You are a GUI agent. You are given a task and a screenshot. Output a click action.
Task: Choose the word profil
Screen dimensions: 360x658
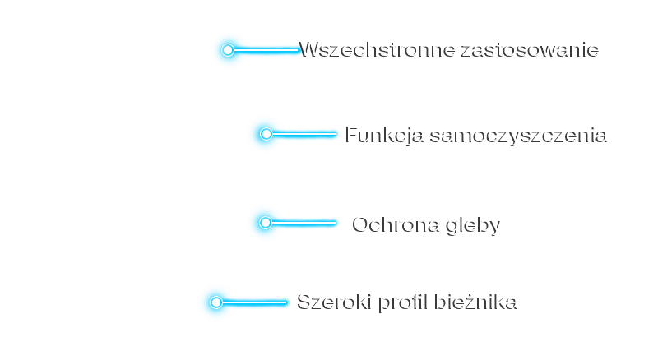[x=404, y=302]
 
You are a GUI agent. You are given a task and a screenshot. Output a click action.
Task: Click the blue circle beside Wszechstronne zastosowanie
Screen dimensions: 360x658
[x=228, y=50]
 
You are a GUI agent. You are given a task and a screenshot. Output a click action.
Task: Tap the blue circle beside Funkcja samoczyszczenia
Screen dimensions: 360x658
[x=265, y=134]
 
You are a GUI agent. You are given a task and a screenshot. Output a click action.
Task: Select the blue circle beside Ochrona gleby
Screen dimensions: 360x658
[x=265, y=223]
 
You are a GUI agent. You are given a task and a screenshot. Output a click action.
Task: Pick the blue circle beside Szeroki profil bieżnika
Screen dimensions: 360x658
[x=216, y=302]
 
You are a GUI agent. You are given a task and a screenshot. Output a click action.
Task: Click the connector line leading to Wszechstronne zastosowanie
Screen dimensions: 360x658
[x=267, y=50]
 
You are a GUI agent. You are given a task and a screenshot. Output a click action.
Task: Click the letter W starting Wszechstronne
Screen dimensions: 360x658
[x=308, y=49]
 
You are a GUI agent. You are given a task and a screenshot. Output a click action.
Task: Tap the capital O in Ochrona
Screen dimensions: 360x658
[x=362, y=224]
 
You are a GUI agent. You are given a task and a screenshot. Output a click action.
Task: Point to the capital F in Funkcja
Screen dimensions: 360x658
[x=352, y=134]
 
